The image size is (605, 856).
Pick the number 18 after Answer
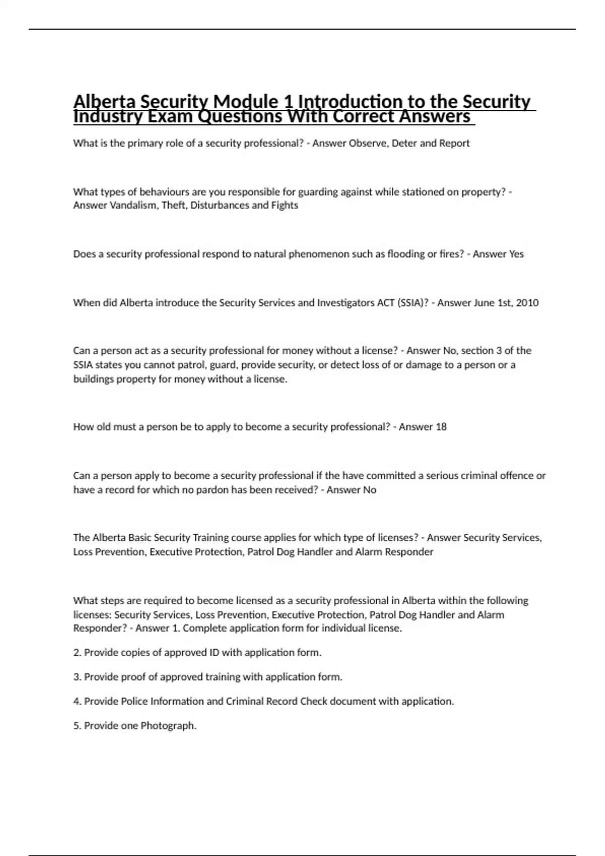tap(441, 427)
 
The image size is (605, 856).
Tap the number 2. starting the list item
tap(78, 653)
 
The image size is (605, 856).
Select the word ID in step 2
tap(214, 653)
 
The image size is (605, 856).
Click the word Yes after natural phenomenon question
tap(516, 254)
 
